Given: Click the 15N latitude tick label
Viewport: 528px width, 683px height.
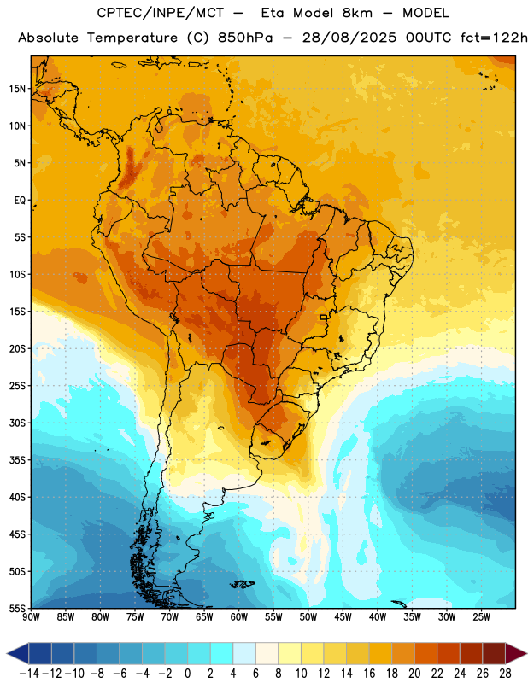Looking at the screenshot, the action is tap(17, 89).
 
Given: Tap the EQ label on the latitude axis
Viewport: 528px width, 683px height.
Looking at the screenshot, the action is tap(20, 201).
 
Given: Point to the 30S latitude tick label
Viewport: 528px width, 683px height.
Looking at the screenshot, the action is tap(17, 423).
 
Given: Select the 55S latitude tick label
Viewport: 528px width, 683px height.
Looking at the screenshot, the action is tap(17, 608).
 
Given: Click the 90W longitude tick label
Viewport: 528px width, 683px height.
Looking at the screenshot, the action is tap(31, 617).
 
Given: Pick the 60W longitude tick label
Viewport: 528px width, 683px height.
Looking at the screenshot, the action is tap(239, 617).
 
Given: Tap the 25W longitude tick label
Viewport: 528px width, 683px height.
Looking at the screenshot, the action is tap(482, 617).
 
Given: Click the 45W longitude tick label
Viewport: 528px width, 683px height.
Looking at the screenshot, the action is tap(343, 617).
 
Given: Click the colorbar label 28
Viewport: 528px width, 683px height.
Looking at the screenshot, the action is tap(505, 674).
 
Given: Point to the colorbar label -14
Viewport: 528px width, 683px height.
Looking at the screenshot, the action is tap(30, 674).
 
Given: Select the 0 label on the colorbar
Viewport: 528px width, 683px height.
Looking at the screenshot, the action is tap(188, 674).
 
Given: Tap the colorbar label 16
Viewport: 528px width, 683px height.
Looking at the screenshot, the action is tap(369, 674).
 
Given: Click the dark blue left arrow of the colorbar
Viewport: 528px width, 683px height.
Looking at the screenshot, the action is tap(18, 654).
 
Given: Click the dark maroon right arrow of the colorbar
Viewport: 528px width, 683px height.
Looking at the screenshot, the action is tap(516, 654).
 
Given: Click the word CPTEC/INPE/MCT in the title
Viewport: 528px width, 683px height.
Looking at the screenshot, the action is tap(161, 13).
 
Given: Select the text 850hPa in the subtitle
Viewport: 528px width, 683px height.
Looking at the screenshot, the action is tap(245, 38).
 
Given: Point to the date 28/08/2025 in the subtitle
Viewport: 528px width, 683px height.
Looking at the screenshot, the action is tap(349, 38).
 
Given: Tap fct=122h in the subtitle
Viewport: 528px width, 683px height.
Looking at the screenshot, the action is tap(494, 38).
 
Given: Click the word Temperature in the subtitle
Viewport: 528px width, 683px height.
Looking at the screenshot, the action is tap(132, 38).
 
